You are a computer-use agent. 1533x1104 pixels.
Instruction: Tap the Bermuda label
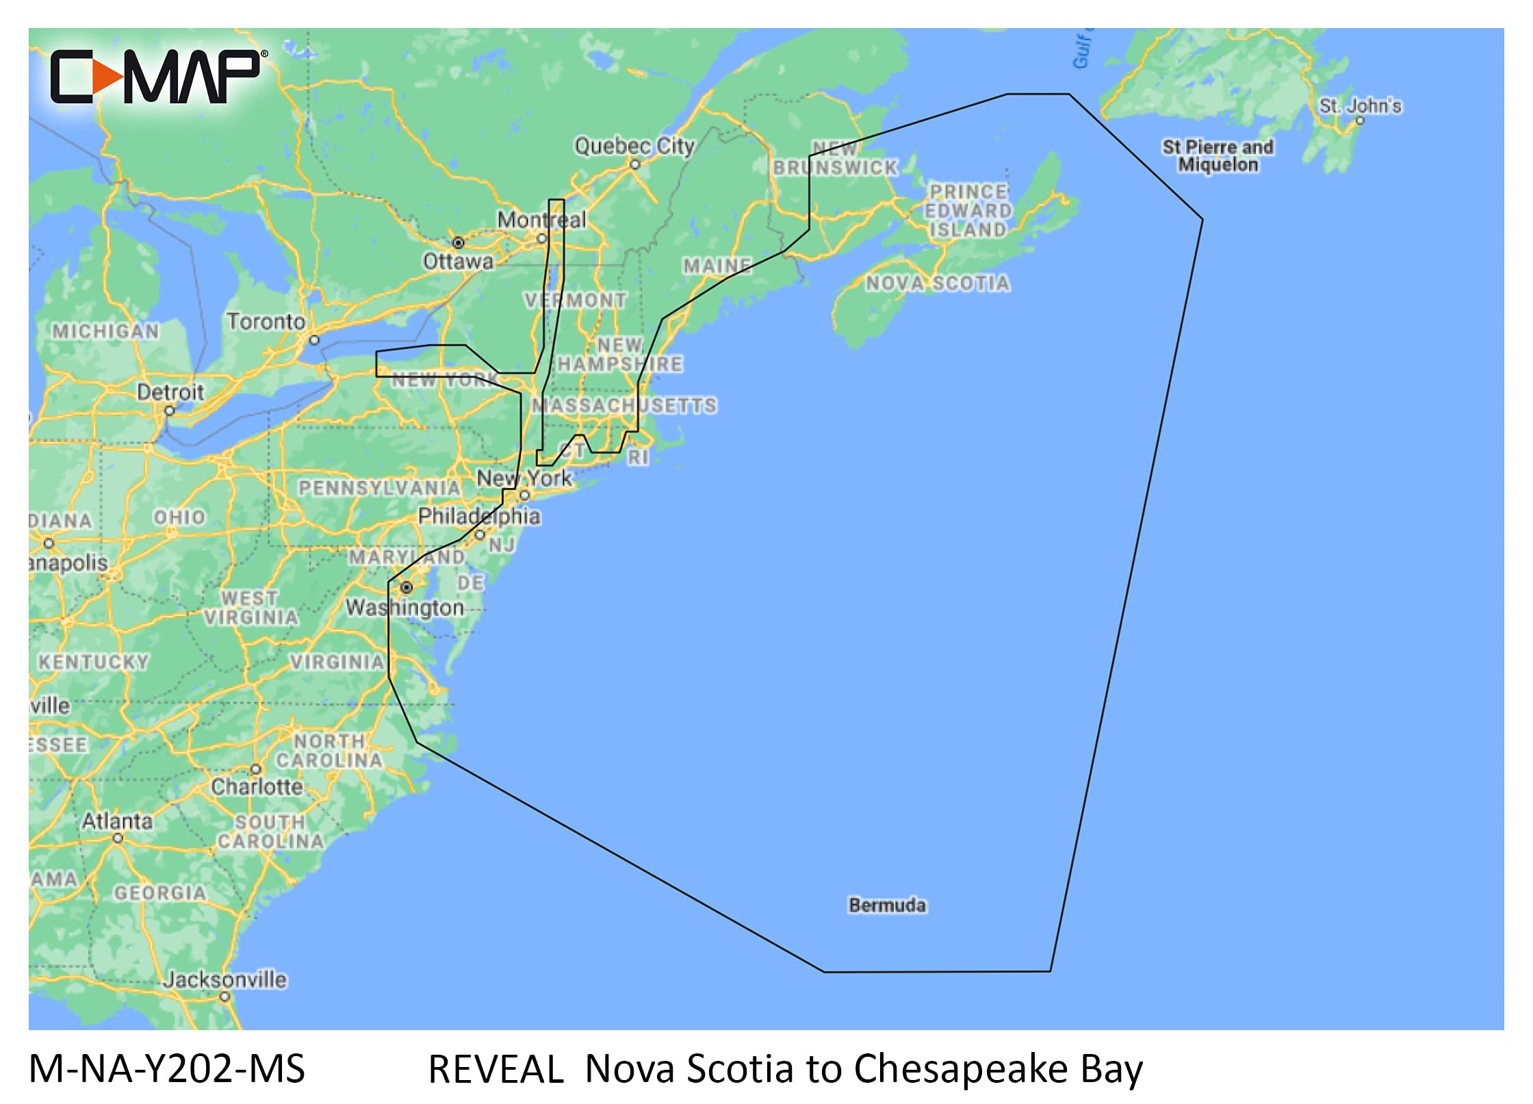coord(887,905)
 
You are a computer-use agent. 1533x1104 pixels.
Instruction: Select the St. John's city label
coord(1360,106)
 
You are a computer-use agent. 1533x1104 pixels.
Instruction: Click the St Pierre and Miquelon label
coord(1218,155)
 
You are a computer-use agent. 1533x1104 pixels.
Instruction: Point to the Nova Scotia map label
coord(938,283)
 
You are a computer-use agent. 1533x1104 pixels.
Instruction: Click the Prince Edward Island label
coord(968,211)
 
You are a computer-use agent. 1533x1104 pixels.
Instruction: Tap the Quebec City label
coord(634,146)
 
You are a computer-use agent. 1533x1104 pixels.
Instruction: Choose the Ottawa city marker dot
coord(459,243)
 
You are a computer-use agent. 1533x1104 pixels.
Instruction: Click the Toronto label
coord(266,321)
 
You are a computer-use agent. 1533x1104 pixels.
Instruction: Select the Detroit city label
coord(170,392)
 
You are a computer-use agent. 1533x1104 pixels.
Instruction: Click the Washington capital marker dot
coord(407,587)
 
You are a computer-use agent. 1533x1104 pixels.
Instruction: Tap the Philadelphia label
coord(479,516)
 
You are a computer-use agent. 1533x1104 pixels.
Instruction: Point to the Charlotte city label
coord(257,786)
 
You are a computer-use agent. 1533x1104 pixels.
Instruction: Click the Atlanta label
coord(117,821)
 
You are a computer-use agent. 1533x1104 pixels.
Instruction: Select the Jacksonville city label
coord(224,979)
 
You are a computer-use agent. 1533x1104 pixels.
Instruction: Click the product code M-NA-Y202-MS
coord(167,1069)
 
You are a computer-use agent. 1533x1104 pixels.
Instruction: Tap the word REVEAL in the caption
coord(495,1069)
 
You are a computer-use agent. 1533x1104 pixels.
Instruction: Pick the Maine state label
coord(717,266)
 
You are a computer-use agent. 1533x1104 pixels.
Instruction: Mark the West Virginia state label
coord(250,608)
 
